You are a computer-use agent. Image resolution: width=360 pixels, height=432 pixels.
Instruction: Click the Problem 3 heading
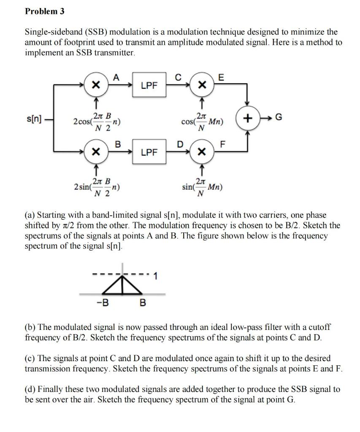pyautogui.click(x=45, y=11)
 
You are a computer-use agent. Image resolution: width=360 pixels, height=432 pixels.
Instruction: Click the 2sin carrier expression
pyautogui.click(x=97, y=186)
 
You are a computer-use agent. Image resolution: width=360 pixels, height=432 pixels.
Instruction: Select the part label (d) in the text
pyautogui.click(x=31, y=389)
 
